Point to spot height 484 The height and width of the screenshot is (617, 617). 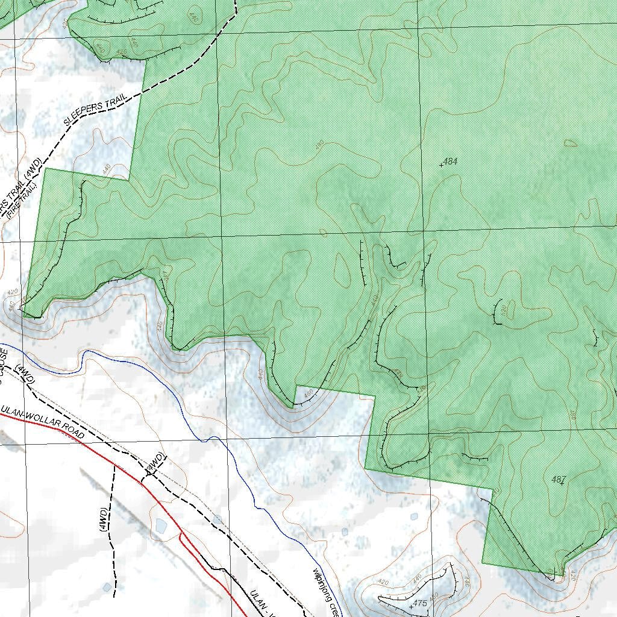pos(449,161)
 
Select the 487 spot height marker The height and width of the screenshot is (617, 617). pos(558,480)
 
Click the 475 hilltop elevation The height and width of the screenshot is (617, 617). pos(420,603)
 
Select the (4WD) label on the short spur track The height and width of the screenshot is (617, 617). pos(155,462)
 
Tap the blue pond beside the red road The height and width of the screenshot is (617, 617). pos(161,526)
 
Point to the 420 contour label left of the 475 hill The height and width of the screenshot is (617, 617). pos(382,583)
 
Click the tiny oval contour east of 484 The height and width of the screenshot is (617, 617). pos(570,143)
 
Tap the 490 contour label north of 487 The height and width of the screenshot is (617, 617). pos(572,415)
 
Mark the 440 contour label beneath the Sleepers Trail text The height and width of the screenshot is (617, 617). pos(107,169)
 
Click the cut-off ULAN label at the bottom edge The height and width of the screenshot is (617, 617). pos(260,602)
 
